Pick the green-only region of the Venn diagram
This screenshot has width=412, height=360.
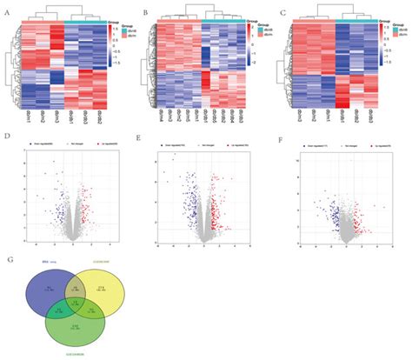coord(77,330)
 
